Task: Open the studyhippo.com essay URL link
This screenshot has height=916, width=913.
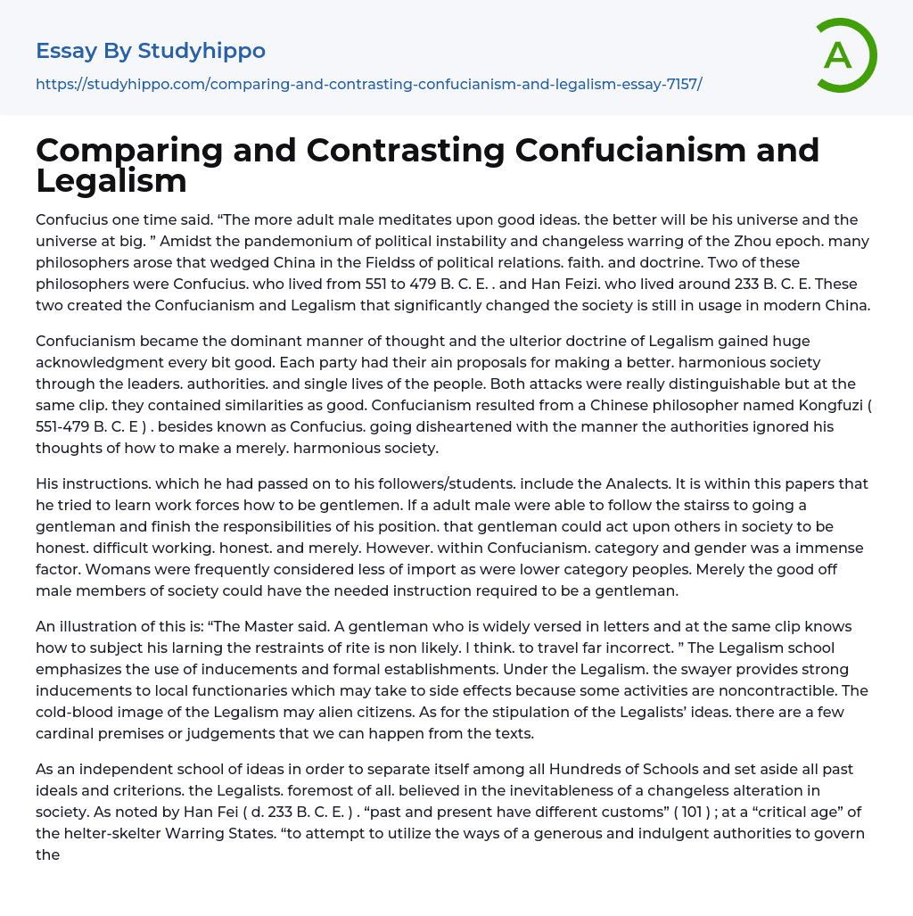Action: [x=368, y=84]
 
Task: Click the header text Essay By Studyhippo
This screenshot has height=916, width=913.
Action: [x=151, y=51]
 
